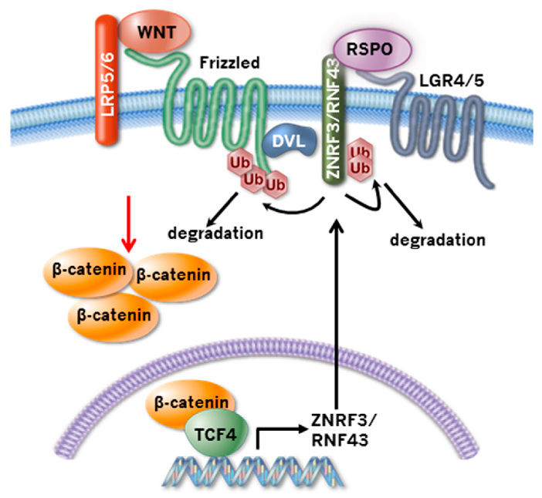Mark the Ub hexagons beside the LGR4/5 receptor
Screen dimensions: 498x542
point(360,158)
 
